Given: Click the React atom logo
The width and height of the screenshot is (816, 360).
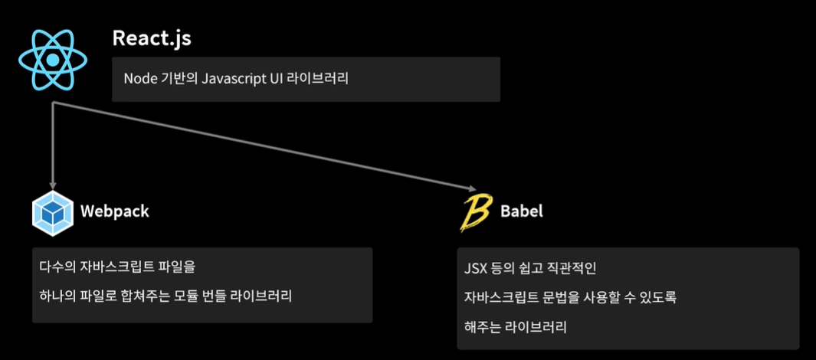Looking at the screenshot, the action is tap(52, 59).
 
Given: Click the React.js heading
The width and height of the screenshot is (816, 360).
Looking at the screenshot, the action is tap(151, 38).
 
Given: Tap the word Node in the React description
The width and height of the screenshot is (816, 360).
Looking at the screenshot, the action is tap(139, 78).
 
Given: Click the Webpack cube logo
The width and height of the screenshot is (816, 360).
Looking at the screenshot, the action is tap(53, 214).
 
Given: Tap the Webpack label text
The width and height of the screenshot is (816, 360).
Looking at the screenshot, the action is tap(115, 211).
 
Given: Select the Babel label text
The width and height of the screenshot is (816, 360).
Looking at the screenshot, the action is tap(522, 211).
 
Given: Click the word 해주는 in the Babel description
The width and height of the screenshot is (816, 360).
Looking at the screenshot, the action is tap(483, 327).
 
